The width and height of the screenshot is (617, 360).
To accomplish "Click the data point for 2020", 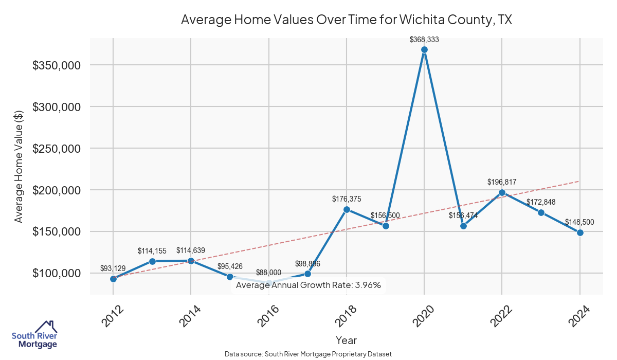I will tap(424, 50).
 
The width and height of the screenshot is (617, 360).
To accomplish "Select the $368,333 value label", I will tap(424, 39).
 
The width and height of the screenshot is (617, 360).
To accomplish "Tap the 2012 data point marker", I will tap(113, 279).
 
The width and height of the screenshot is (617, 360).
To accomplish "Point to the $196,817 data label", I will tap(502, 182).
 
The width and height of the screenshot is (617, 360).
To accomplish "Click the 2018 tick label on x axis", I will tap(346, 316).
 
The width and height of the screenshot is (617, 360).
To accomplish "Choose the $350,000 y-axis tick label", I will tap(56, 65).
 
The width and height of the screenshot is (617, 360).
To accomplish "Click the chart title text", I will tap(347, 20).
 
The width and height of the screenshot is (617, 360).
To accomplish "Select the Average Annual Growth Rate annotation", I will tap(308, 285).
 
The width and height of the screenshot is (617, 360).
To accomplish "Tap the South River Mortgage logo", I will tap(34, 334).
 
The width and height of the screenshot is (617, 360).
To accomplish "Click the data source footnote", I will tap(308, 354).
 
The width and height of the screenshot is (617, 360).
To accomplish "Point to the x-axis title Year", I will tap(346, 340).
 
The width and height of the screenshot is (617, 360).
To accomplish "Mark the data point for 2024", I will tap(580, 232).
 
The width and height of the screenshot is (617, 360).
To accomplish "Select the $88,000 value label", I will tap(268, 273).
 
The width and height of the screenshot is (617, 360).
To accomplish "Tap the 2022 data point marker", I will tap(502, 193).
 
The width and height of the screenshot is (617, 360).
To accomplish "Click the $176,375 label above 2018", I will tap(347, 199).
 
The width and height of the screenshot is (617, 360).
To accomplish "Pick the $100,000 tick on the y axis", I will tap(56, 273).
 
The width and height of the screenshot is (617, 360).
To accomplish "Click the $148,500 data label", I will tap(579, 222).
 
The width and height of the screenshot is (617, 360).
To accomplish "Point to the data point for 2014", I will tap(191, 261).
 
